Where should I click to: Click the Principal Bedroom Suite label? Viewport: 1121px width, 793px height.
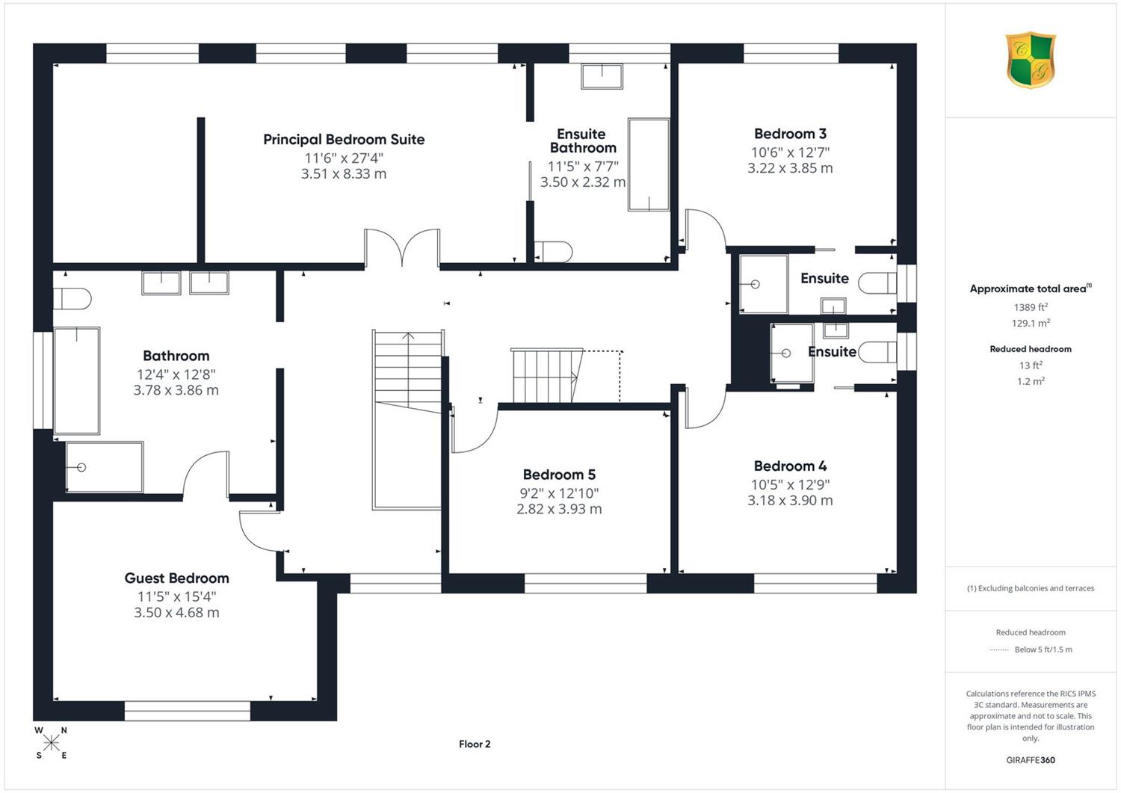click(344, 139)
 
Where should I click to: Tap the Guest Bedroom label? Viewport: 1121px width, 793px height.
click(176, 578)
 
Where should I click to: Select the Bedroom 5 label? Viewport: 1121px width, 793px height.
click(559, 475)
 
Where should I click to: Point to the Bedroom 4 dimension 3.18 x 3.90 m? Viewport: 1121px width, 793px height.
click(790, 500)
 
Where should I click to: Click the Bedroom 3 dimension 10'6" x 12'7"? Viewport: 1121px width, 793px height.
click(790, 152)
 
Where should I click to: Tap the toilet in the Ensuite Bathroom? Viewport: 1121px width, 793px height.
click(553, 252)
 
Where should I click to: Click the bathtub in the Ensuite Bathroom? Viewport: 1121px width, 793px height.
click(649, 164)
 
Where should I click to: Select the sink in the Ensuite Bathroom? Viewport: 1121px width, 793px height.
click(602, 76)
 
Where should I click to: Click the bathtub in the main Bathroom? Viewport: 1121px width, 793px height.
click(76, 380)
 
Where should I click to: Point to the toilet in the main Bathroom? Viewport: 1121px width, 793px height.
click(72, 299)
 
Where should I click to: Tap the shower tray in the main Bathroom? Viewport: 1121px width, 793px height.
click(104, 467)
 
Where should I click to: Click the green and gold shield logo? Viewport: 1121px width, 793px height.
click(1031, 60)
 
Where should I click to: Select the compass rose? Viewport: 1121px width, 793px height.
click(51, 743)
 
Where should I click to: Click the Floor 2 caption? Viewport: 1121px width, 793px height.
click(475, 744)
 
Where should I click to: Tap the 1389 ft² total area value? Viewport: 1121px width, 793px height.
click(1031, 307)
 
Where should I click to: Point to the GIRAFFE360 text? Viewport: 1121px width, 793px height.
click(1031, 760)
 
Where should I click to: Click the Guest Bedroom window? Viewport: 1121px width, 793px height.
click(187, 711)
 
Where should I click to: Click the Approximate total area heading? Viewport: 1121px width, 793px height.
click(1031, 288)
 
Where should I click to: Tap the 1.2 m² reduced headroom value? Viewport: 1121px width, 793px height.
click(1031, 381)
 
